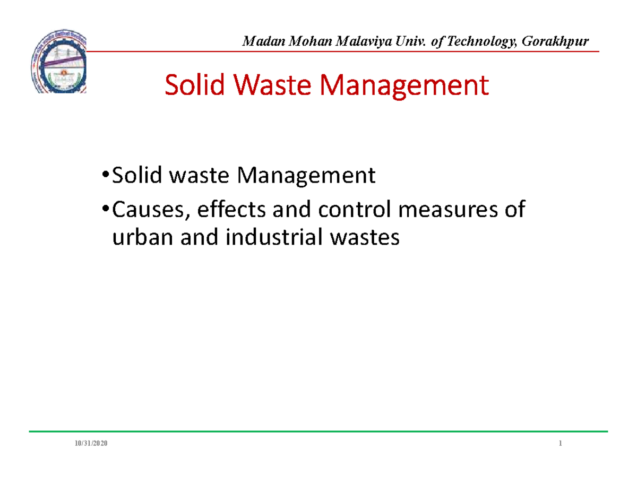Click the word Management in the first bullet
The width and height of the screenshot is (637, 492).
306,176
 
